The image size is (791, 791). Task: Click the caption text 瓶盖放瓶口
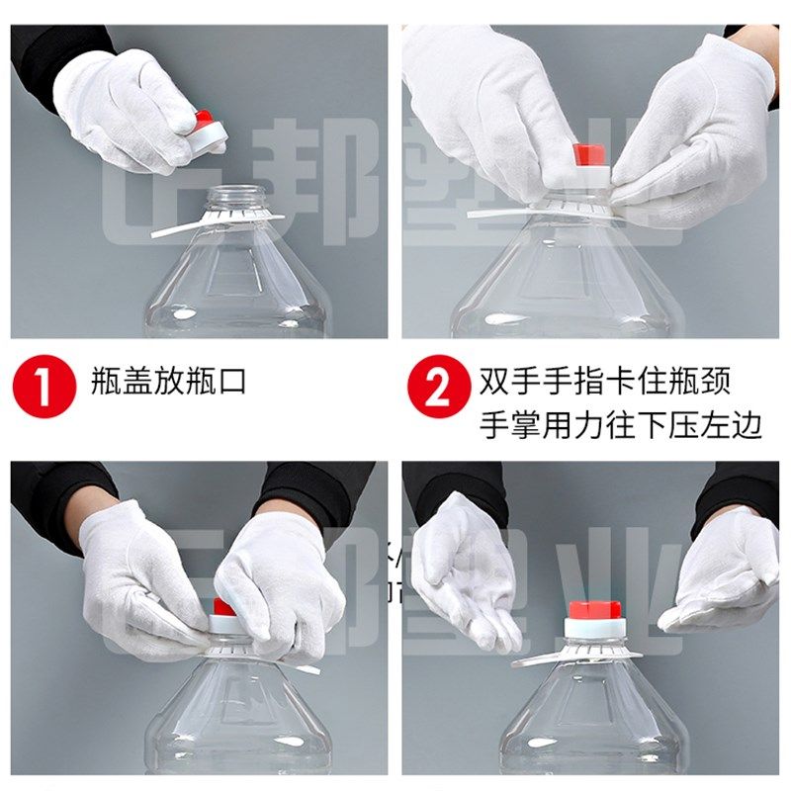pyautogui.click(x=167, y=381)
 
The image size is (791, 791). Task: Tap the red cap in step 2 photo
pyautogui.click(x=590, y=156)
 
